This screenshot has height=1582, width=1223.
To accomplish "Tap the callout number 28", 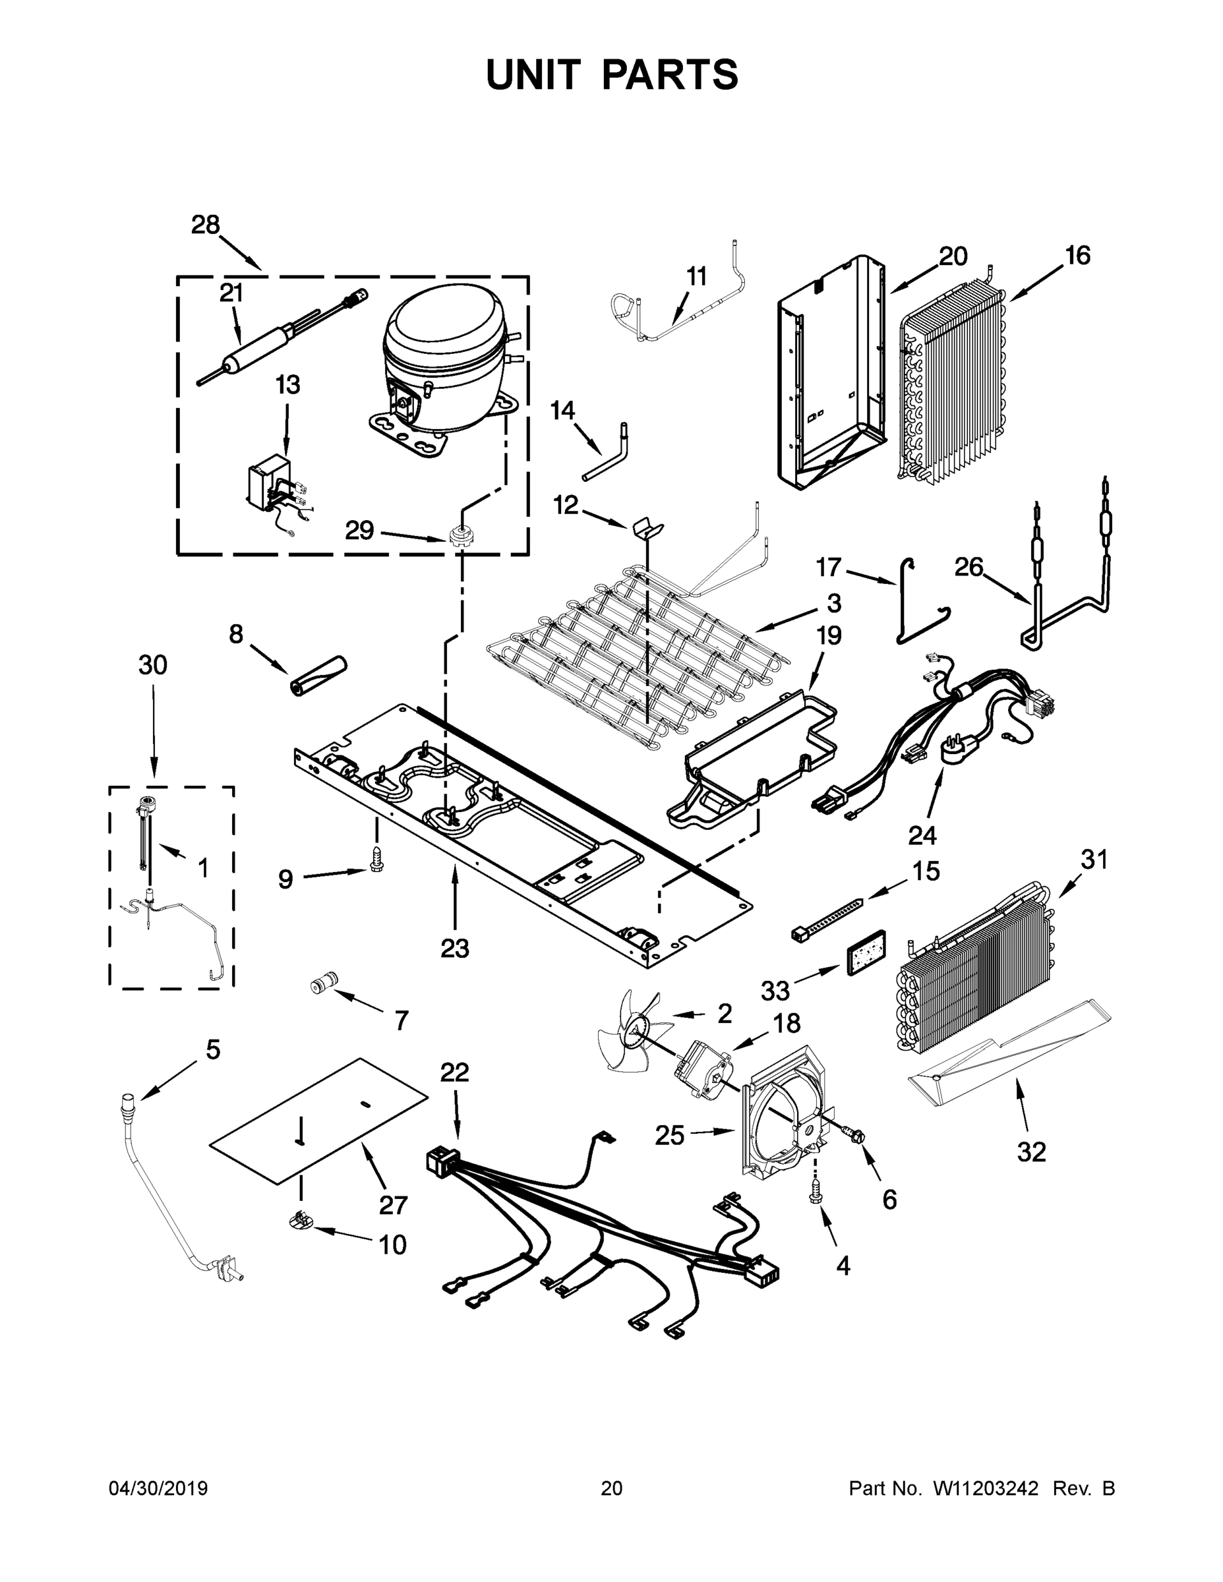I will pos(206,226).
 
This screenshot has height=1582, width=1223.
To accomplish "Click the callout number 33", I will pos(776,989).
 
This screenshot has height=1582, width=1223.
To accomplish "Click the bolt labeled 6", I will pos(854,1135).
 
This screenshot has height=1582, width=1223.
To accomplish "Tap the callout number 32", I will pos(1031,1152).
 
